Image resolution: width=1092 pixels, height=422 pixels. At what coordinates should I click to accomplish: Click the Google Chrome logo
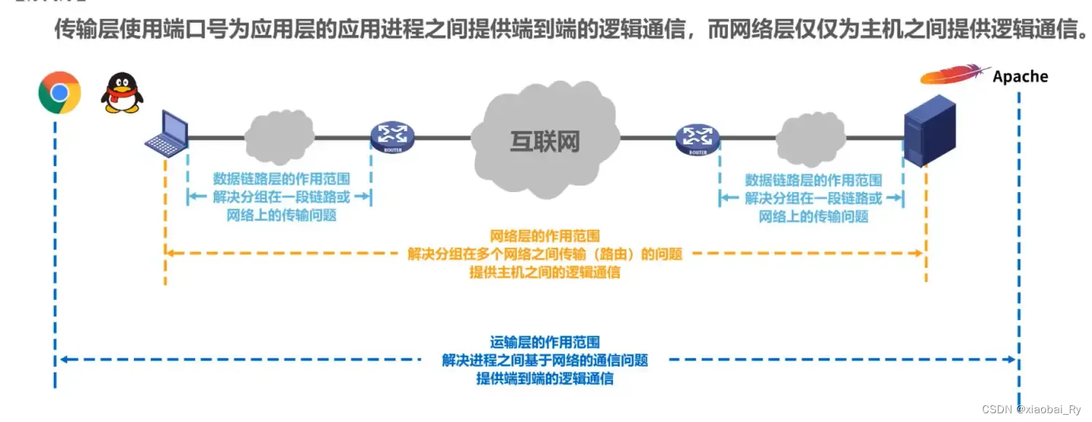(x=60, y=92)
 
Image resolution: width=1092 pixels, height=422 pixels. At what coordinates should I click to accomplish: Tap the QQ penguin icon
(x=121, y=92)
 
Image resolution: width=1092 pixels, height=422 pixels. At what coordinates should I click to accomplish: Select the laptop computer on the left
(x=167, y=134)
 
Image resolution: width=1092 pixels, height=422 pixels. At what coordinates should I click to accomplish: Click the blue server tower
(x=927, y=135)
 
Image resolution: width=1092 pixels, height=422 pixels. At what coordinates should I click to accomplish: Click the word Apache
(x=1020, y=76)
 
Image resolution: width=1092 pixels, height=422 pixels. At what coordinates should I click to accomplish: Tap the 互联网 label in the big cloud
(x=545, y=141)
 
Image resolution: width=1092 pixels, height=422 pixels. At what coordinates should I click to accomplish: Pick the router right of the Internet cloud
(x=697, y=138)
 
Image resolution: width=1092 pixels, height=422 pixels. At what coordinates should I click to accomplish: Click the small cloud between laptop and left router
(x=280, y=135)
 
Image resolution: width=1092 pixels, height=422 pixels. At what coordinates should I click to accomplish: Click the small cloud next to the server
(x=811, y=136)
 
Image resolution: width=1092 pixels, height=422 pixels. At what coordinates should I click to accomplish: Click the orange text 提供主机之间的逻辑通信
(x=545, y=273)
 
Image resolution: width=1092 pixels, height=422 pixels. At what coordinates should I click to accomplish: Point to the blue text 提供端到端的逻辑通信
(x=545, y=378)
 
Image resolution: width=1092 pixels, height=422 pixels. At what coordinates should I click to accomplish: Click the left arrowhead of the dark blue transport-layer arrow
(x=64, y=359)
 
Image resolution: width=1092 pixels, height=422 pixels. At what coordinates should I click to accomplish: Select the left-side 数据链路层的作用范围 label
(x=281, y=179)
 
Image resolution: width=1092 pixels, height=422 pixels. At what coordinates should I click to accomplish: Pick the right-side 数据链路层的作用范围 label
(x=813, y=179)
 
